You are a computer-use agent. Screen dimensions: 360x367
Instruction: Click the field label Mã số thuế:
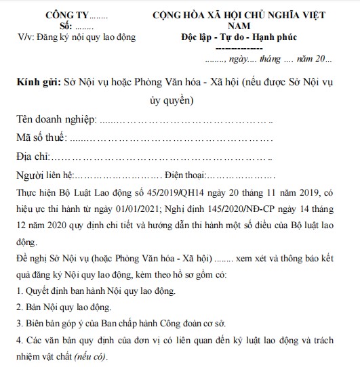pos(42,139)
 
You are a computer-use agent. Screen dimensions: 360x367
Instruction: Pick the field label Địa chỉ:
pos(33,158)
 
